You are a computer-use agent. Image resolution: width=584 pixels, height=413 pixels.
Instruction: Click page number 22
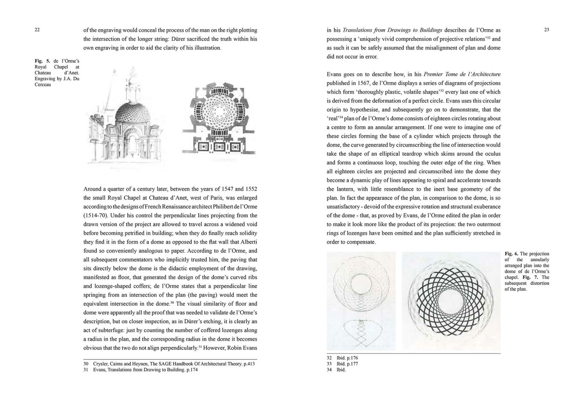[37, 30]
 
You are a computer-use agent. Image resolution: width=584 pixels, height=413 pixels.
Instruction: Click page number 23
[546, 30]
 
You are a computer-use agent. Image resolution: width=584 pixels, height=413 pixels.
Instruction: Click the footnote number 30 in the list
[86, 364]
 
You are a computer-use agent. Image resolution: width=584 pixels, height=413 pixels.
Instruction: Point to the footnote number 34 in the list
[329, 370]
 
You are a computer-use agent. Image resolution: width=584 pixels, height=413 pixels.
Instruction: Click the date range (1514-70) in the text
[95, 216]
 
